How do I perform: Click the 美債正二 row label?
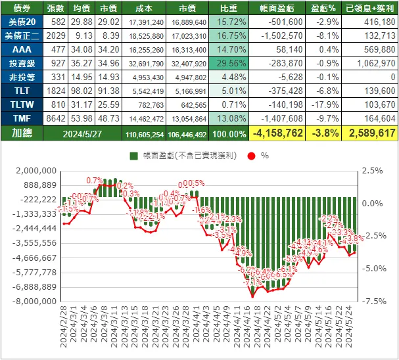(x=20, y=36)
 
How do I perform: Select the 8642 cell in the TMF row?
(x=56, y=119)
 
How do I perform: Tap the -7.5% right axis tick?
(x=370, y=302)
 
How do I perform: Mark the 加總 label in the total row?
(x=20, y=133)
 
